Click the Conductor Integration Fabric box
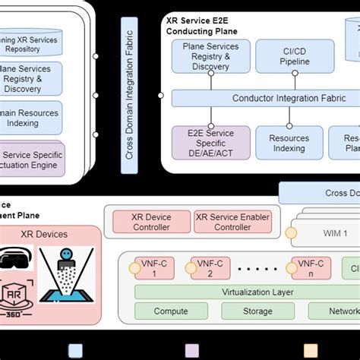(x=264, y=98)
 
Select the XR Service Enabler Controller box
(x=232, y=222)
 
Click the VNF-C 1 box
(x=148, y=267)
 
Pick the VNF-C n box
(x=310, y=267)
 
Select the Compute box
(x=171, y=311)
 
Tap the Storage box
(x=257, y=311)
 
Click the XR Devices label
(x=43, y=234)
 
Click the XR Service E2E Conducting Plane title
(x=202, y=26)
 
